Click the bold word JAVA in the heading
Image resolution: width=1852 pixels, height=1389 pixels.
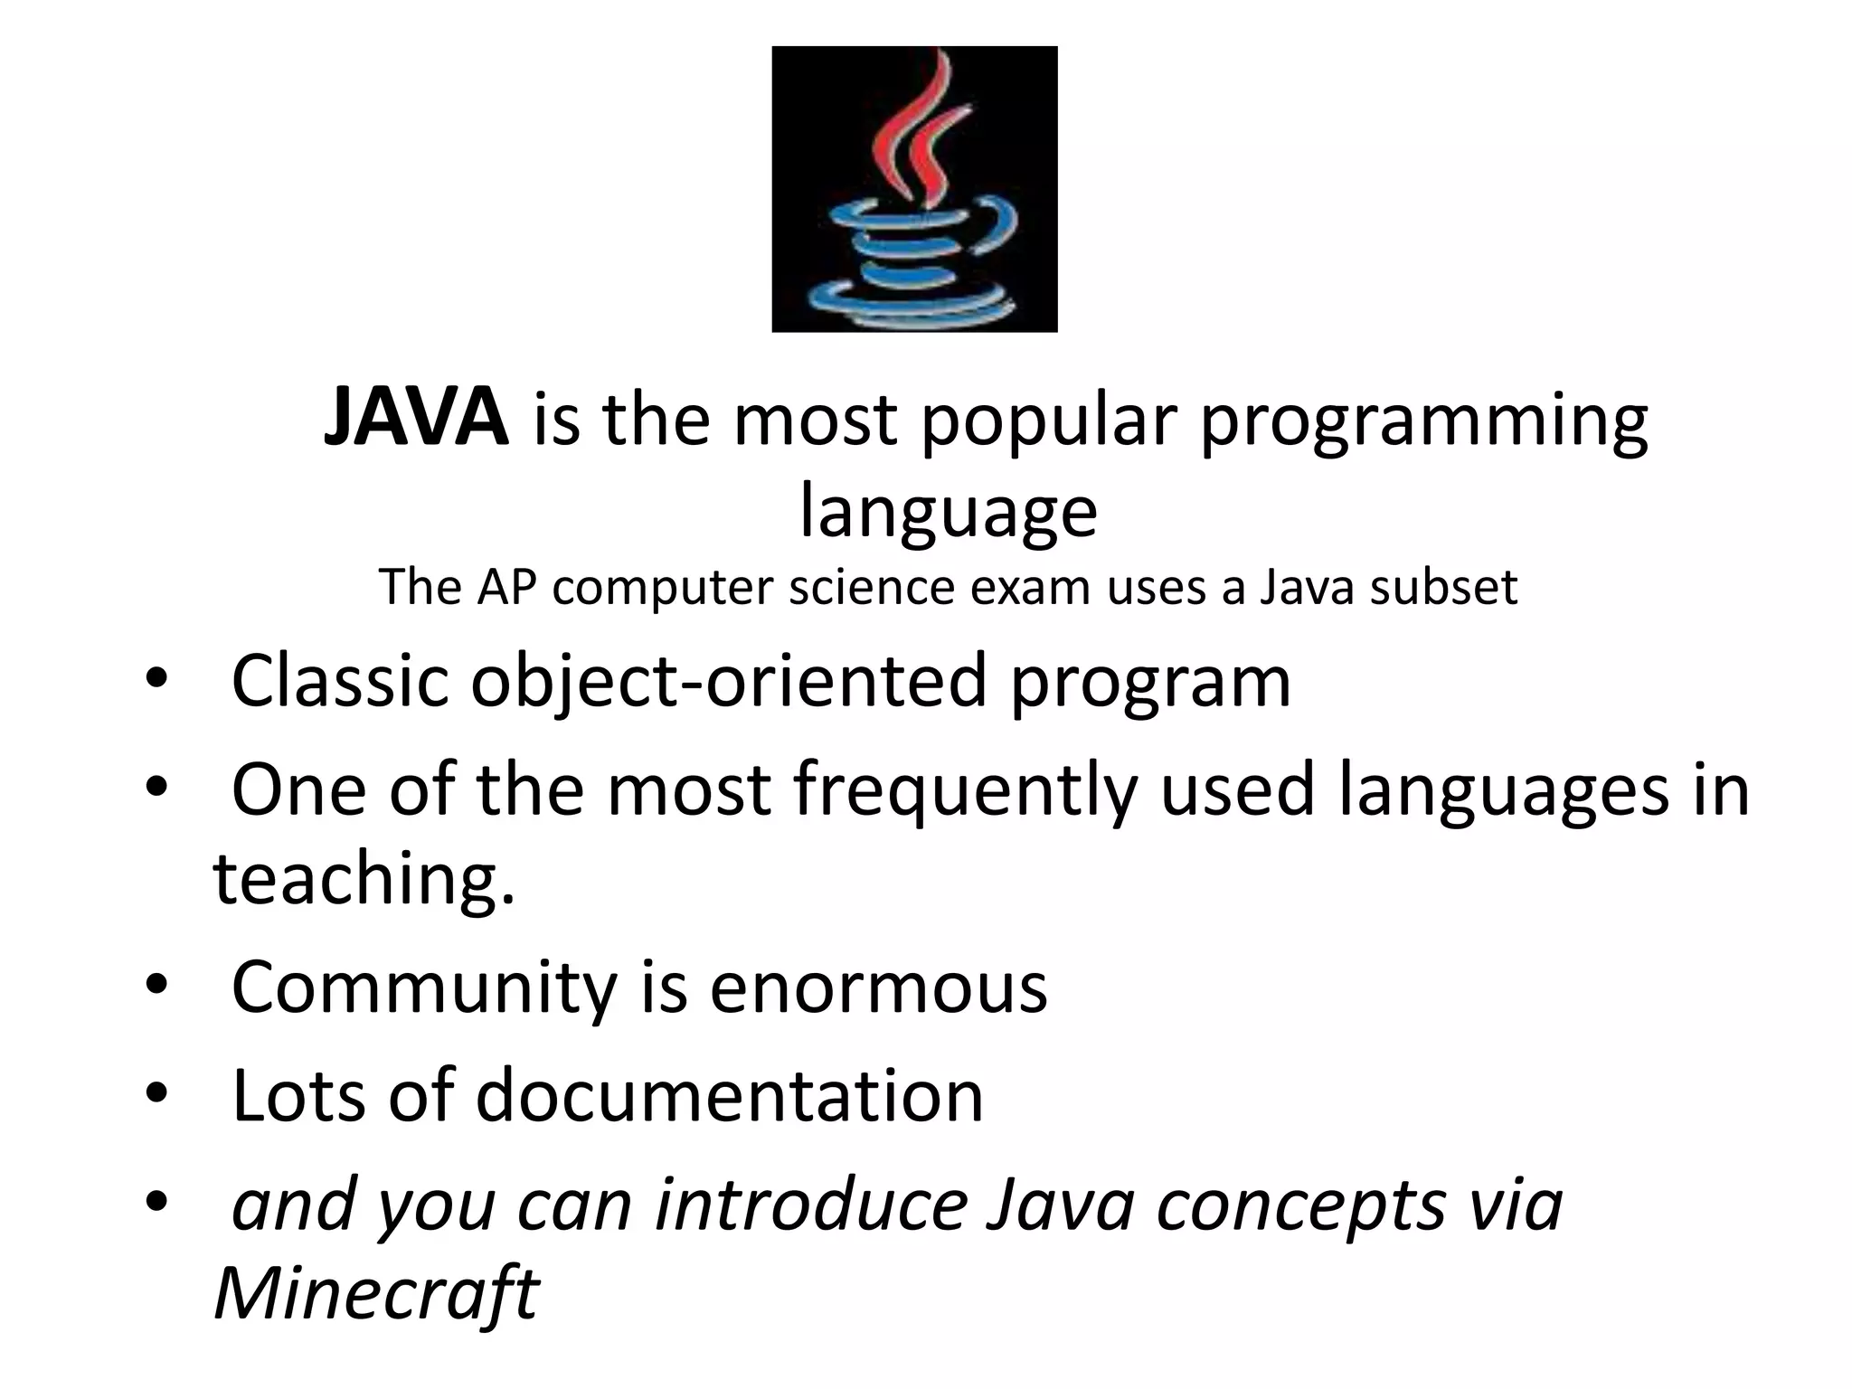coord(416,418)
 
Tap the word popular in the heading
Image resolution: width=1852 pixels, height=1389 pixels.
coord(1049,421)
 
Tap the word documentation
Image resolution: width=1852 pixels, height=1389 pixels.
coord(729,1096)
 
